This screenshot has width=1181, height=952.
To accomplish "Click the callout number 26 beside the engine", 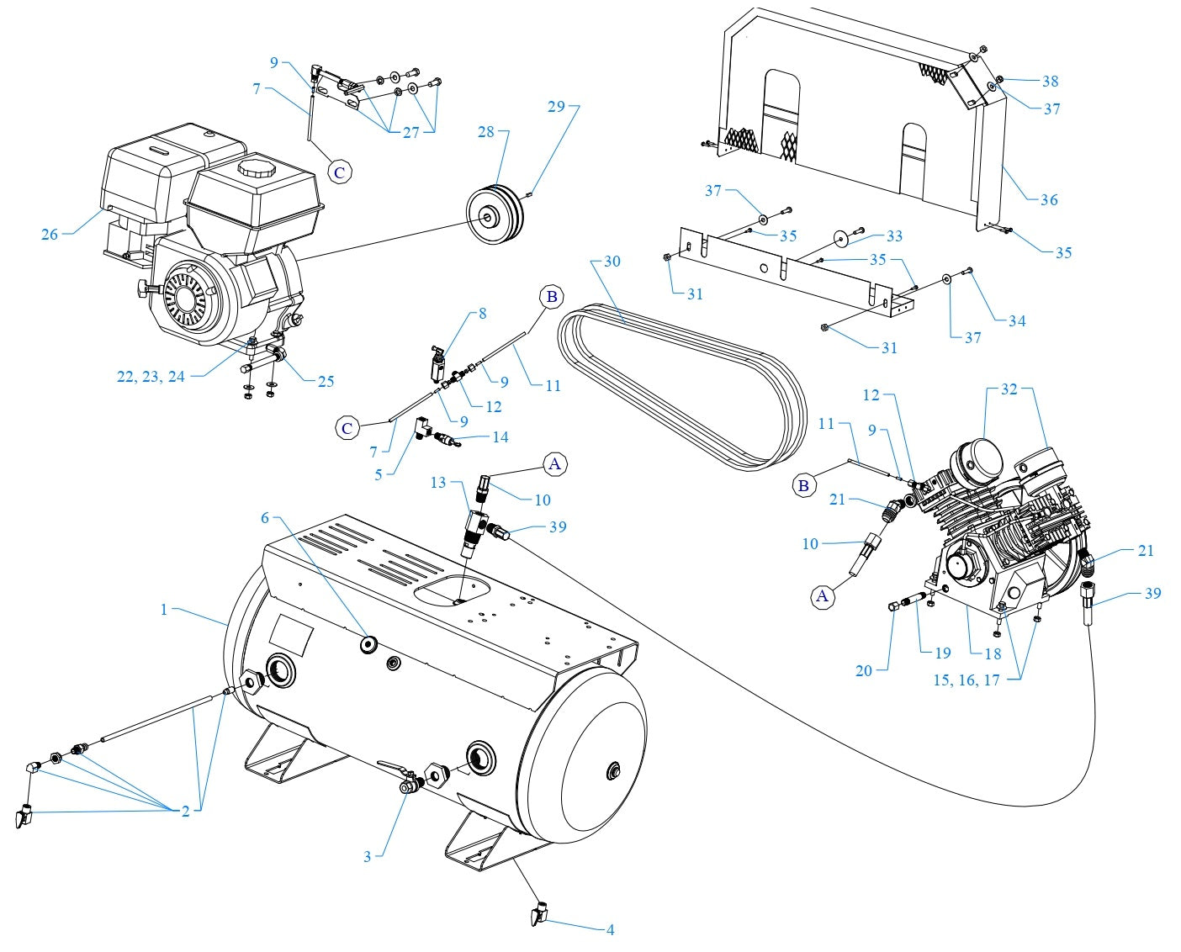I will coord(50,235).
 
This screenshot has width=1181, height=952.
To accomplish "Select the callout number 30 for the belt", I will coord(612,262).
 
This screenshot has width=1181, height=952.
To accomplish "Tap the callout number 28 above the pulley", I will coord(486,132).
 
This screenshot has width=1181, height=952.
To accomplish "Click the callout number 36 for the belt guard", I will coord(1049,199).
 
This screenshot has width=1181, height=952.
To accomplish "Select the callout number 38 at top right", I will coord(1050,82).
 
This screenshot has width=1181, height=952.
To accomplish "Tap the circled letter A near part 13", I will coord(554,463).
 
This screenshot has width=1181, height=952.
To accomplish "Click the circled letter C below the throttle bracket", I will coord(339,172).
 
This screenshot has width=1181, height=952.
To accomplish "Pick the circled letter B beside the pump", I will coord(803,486).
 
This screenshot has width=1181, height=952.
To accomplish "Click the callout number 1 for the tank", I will coord(164,609).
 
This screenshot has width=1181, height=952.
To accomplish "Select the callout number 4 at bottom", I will coord(610,929).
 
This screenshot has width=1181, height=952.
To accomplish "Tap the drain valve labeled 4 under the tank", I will coord(539,912).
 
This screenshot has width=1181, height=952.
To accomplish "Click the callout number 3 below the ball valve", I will coord(367,857).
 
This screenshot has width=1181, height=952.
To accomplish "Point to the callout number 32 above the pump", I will coord(1009,389).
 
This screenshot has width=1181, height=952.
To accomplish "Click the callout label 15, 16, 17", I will coord(966,680).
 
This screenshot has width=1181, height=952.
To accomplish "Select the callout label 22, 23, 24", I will coord(151,377).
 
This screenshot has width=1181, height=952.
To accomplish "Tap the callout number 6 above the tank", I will coord(265,517).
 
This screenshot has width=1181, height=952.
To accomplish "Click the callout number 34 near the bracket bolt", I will coord(1017,320).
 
